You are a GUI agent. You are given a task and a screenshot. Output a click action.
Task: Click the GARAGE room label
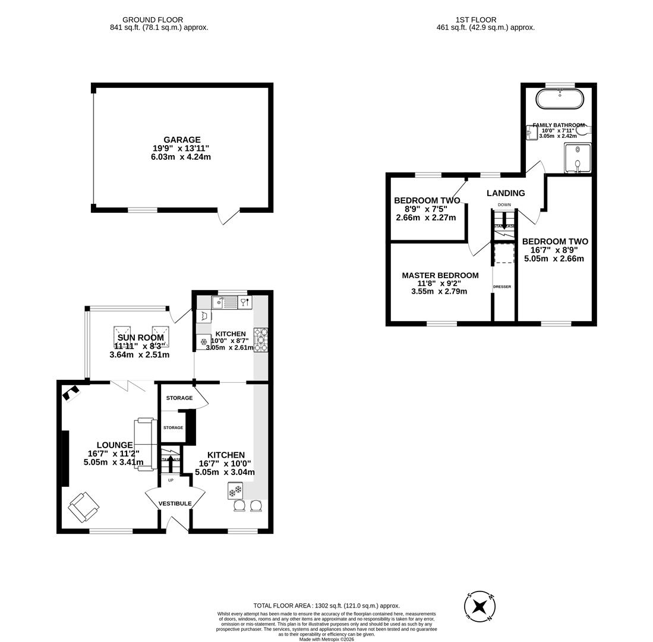click(182, 140)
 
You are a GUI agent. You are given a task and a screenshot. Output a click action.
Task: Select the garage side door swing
click(229, 217)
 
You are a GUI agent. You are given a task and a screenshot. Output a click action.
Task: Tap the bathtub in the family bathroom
click(559, 99)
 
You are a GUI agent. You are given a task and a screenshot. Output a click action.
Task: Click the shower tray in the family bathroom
click(577, 158)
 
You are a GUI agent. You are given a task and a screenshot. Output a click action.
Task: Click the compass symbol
click(480, 607)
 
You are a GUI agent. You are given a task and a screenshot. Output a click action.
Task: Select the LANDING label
click(506, 193)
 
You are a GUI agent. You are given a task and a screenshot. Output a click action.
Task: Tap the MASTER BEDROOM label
click(440, 275)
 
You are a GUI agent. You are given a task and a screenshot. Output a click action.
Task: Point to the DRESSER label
click(502, 287)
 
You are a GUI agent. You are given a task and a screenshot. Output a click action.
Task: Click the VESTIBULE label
click(175, 503)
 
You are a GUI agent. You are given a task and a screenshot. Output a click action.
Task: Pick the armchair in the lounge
click(83, 506)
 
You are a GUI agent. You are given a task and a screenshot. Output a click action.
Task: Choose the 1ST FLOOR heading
click(475, 20)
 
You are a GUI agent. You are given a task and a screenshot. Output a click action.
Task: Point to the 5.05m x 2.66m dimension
click(554, 259)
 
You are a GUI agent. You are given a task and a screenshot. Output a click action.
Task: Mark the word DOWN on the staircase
click(504, 204)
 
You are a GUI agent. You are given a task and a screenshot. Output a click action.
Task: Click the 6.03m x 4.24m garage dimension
click(181, 157)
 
